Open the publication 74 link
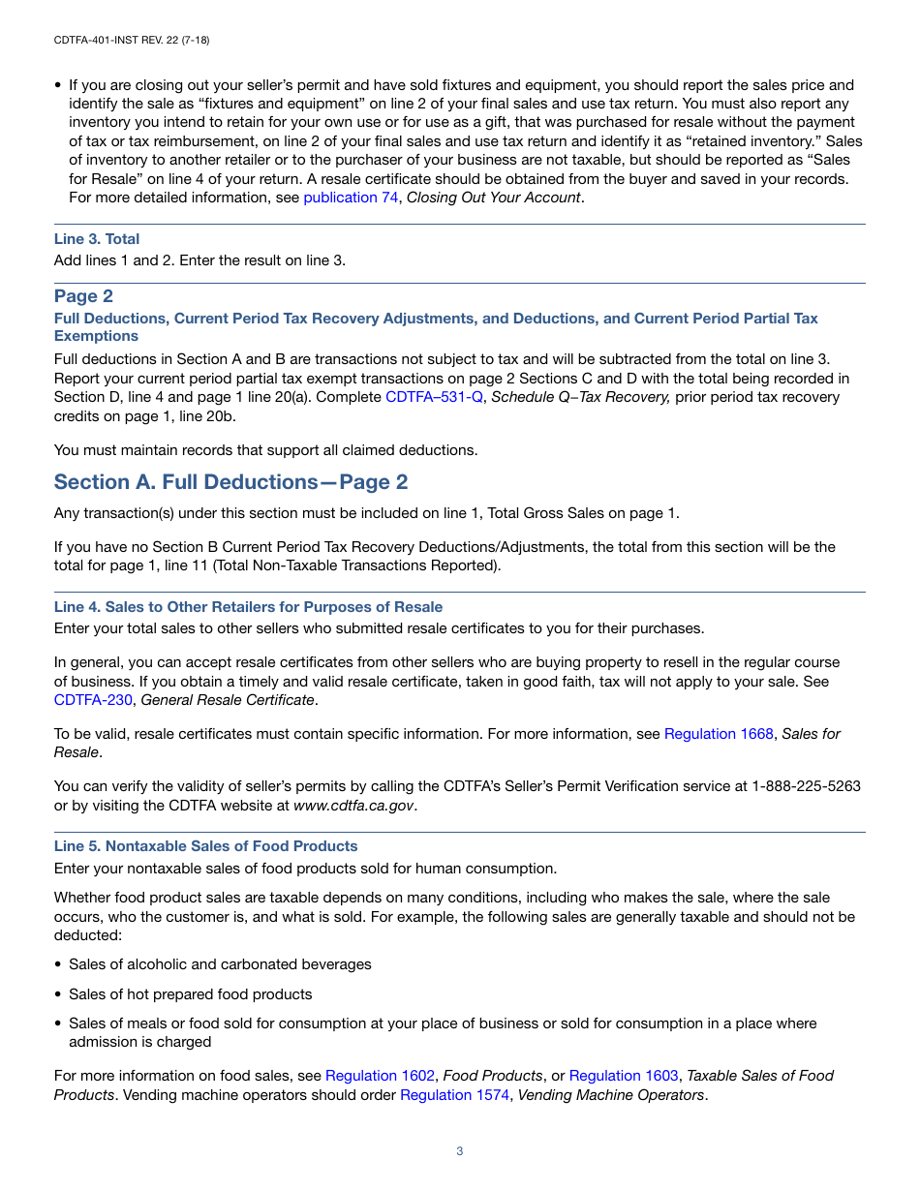click(340, 198)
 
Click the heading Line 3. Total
click(97, 239)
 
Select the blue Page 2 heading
click(83, 296)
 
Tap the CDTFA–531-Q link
click(434, 397)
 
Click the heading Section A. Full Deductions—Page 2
click(230, 482)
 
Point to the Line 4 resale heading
click(248, 607)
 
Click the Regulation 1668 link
click(719, 734)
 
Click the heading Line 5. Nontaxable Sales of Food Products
click(205, 846)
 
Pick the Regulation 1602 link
click(380, 1076)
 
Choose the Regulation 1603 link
click(624, 1076)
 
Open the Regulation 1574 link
click(454, 1095)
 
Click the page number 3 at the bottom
click(460, 1151)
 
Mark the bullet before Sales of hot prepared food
click(58, 994)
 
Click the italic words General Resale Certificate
click(228, 700)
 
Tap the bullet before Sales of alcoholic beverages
click(58, 965)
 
